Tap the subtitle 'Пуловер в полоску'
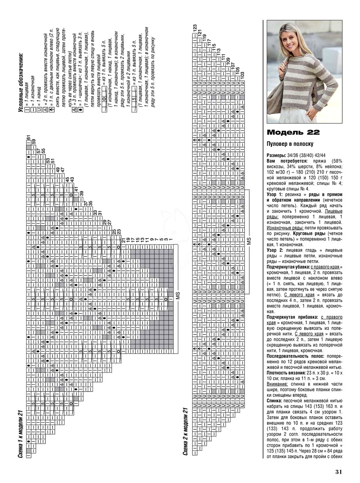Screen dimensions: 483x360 [x=290, y=144]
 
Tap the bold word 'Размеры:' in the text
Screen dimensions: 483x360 [x=277, y=155]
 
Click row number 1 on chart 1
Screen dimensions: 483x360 [x=171, y=239]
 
